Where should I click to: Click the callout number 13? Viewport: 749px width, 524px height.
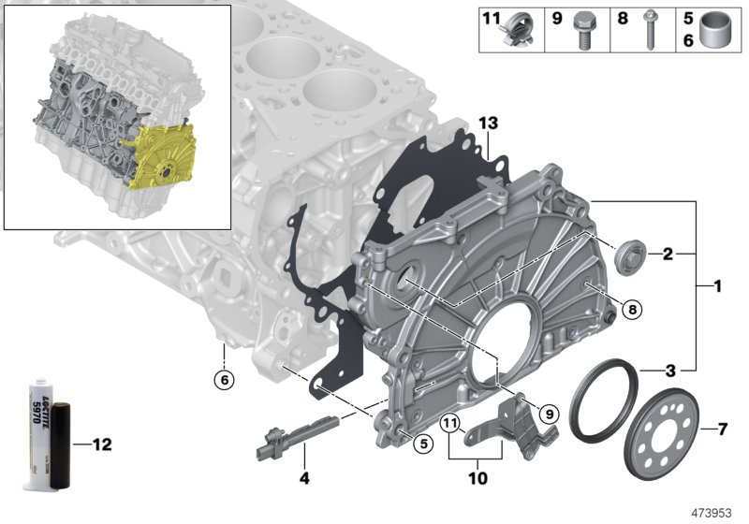coord(489,124)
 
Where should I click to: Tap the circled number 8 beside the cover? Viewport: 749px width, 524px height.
coord(633,310)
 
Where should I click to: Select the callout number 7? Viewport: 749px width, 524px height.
coord(723,429)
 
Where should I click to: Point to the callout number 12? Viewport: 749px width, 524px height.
coord(102,444)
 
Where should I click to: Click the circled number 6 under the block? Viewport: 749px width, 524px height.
coord(225,380)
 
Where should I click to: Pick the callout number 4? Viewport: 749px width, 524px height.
coord(304,477)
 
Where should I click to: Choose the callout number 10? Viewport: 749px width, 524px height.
coord(478,478)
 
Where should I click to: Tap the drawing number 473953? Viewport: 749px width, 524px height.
coord(712,513)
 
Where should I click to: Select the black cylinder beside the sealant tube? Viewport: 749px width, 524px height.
coord(61,445)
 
